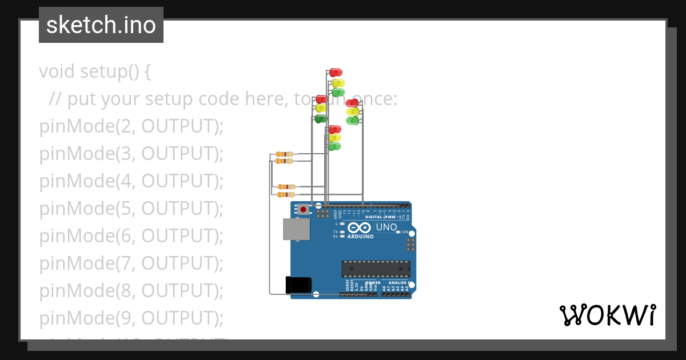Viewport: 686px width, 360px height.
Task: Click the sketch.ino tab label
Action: [101, 25]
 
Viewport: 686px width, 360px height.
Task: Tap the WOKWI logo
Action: [607, 315]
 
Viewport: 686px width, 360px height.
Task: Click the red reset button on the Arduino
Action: [303, 210]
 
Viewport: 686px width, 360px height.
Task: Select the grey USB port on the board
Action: [297, 229]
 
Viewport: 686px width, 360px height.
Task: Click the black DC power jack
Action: [298, 285]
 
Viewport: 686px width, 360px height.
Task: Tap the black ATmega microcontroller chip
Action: [376, 269]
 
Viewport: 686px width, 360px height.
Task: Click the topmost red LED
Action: [336, 73]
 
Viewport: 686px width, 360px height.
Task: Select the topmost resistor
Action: [284, 154]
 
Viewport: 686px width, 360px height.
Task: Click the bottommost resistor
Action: [286, 195]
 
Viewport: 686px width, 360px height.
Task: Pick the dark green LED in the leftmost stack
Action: [321, 118]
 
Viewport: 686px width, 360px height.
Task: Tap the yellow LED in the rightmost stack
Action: [353, 111]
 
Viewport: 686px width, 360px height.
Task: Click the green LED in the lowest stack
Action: [334, 146]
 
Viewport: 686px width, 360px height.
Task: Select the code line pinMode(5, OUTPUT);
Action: [131, 209]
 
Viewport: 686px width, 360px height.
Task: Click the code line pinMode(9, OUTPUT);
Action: [131, 318]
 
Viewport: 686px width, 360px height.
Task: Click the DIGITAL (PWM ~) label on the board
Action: [382, 217]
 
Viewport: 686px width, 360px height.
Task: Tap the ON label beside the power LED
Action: [404, 232]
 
